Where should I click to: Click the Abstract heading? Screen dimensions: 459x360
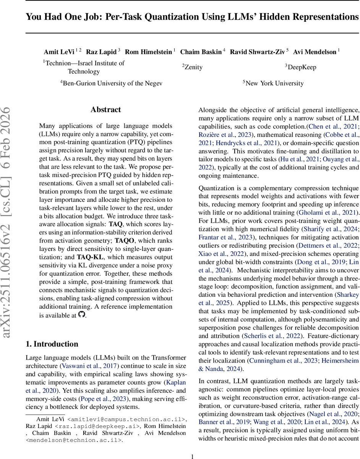(x=105, y=110)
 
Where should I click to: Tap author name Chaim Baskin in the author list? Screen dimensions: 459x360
(x=201, y=52)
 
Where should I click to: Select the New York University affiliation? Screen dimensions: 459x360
(x=274, y=83)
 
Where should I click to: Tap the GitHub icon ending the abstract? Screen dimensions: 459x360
(x=81, y=314)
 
